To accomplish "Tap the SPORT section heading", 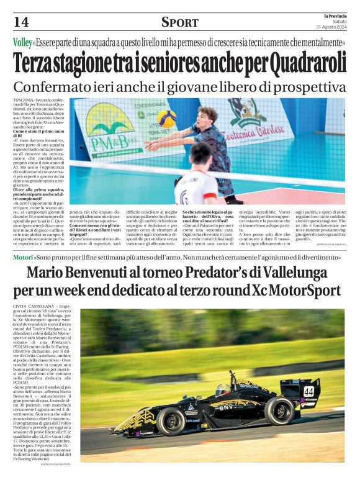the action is (179, 23).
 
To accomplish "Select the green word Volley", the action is (23, 43).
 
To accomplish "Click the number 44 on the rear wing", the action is (308, 391).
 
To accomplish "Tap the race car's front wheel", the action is (171, 420).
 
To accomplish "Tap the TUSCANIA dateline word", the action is (23, 100).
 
